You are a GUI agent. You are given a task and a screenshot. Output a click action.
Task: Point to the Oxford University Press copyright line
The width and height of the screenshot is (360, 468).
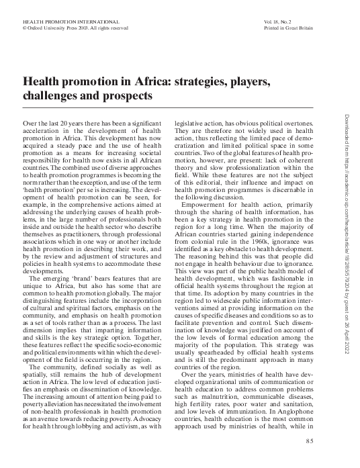(x=66, y=29)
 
